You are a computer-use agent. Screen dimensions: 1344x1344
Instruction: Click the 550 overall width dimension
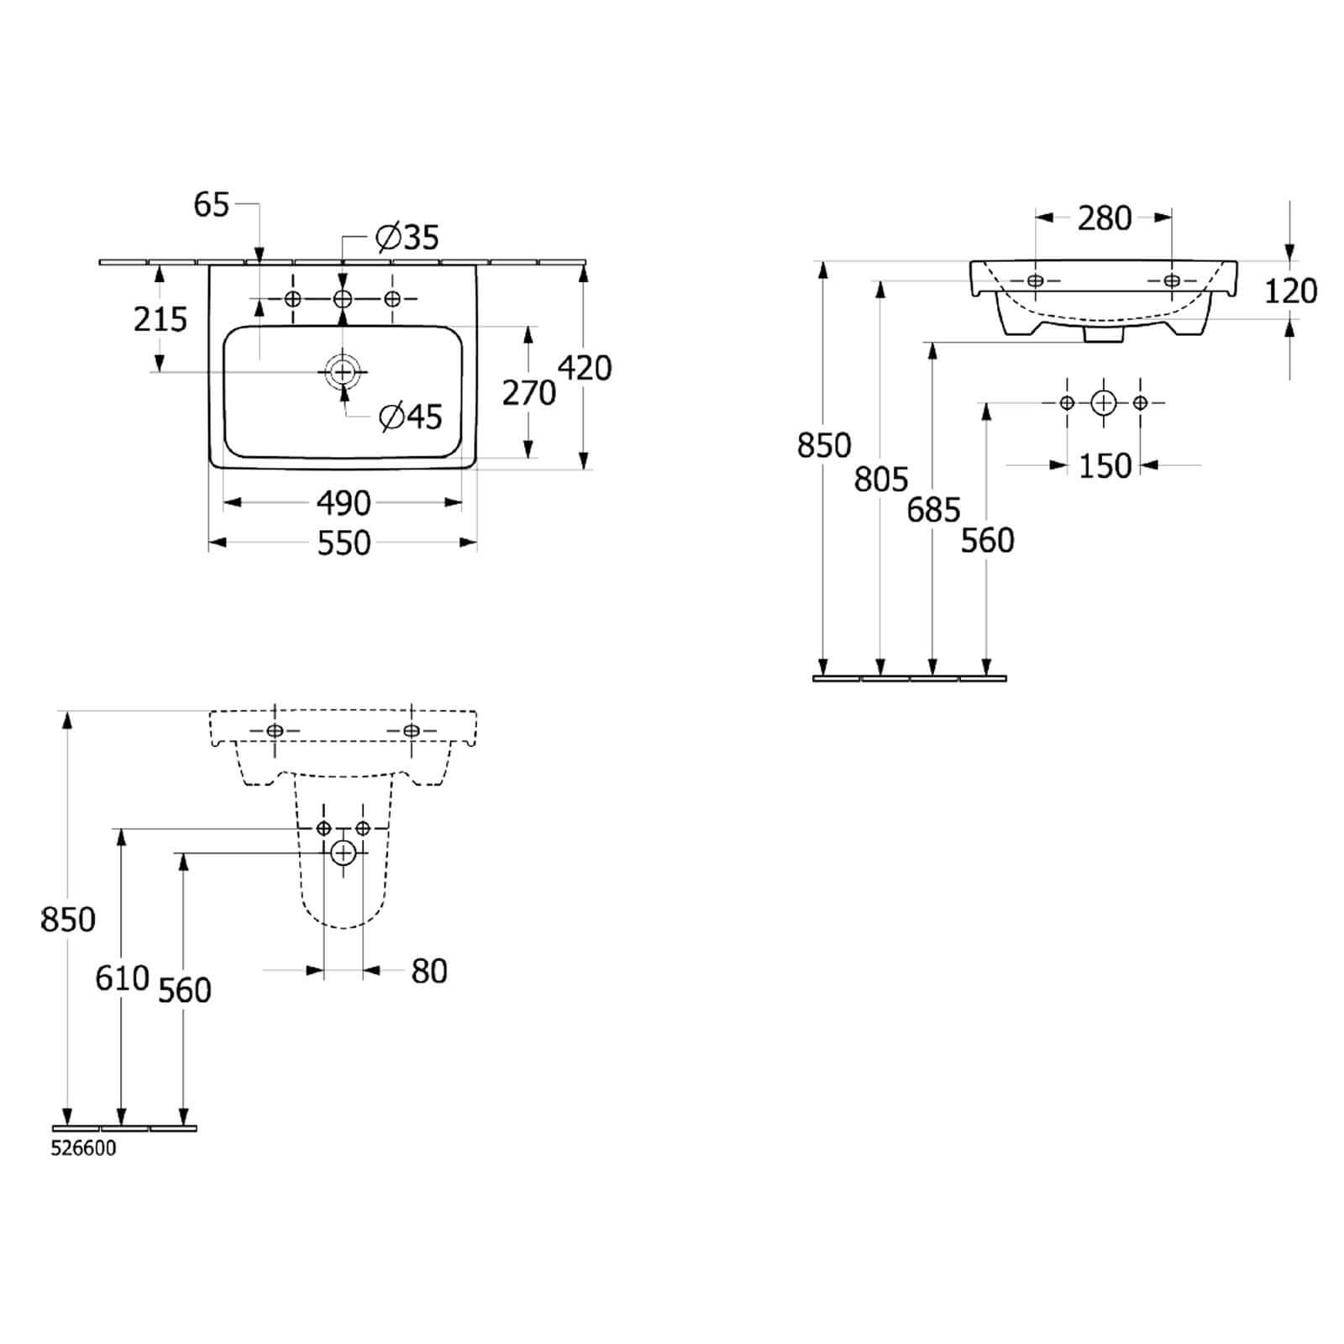[344, 543]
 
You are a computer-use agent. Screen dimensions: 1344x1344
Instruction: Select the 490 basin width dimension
[344, 503]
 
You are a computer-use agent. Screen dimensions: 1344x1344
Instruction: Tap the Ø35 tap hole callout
[407, 238]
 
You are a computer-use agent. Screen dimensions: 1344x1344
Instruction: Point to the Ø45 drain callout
[411, 417]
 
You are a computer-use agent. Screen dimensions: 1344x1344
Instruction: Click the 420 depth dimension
[585, 368]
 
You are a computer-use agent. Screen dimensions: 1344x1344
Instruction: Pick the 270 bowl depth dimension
[529, 392]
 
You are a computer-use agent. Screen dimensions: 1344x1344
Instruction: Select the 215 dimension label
[160, 319]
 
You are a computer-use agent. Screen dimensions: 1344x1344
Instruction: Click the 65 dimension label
[212, 204]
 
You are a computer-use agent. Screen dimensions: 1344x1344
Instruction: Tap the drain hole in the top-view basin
[343, 370]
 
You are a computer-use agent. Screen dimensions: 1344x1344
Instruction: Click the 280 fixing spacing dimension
[1105, 218]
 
